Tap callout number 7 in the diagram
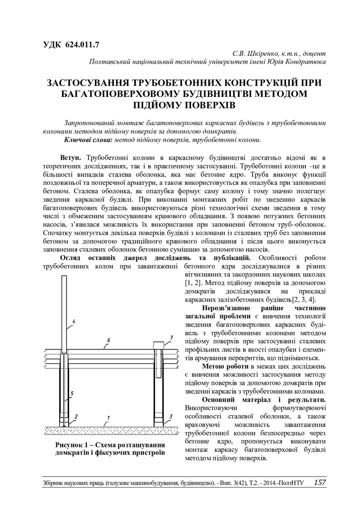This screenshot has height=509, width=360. [171, 338]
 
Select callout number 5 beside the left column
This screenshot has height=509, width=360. [73, 394]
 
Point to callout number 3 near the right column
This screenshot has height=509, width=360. [171, 416]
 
